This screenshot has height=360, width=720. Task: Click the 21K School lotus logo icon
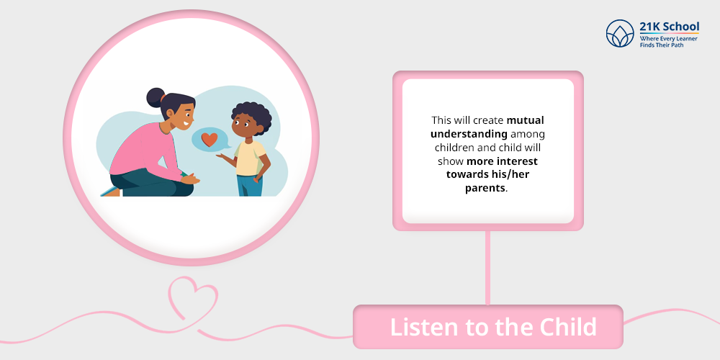619,33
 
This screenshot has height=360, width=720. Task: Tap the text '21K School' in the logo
669,27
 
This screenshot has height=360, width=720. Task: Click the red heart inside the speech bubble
209,139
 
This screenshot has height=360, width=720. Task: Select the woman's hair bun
155,96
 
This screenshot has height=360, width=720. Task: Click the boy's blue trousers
250,186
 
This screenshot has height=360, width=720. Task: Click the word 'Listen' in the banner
424,327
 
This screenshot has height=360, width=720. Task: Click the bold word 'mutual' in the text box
525,121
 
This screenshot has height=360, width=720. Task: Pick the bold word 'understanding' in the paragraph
468,134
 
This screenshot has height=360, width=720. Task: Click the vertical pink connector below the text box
487,266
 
